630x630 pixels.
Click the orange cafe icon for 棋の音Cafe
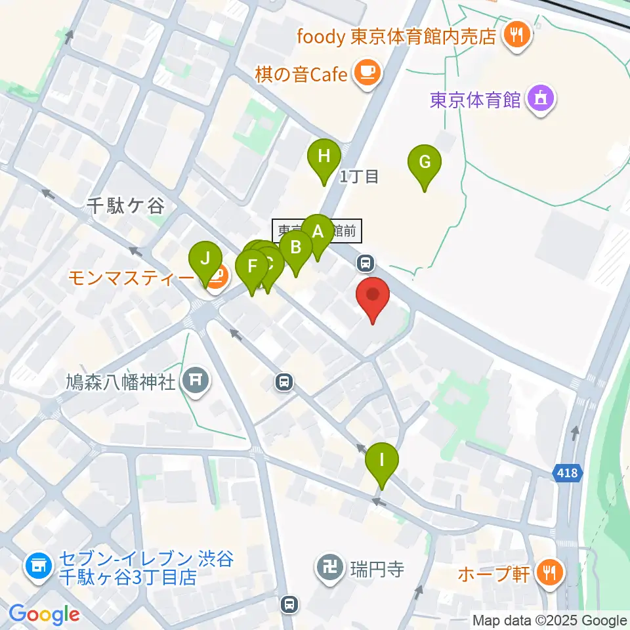coord(366,73)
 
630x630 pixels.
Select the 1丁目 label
coord(359,176)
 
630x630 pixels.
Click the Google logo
coord(44,614)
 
